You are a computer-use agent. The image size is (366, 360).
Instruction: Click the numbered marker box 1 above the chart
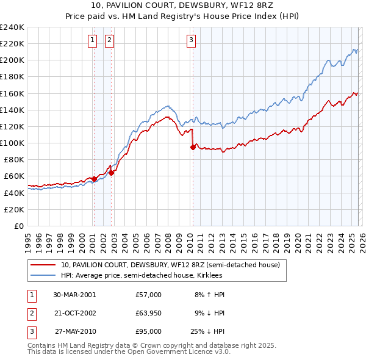pyautogui.click(x=92, y=41)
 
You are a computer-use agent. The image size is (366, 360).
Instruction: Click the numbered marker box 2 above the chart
pyautogui.click(x=109, y=41)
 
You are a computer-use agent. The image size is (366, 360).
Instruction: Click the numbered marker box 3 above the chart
pyautogui.click(x=191, y=41)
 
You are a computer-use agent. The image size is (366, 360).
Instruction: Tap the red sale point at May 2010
pyautogui.click(x=193, y=147)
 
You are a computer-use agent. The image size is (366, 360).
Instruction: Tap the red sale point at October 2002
pyautogui.click(x=111, y=173)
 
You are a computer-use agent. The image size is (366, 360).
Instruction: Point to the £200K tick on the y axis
pyautogui.click(x=12, y=60)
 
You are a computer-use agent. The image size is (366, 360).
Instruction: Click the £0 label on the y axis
pyautogui.click(x=19, y=226)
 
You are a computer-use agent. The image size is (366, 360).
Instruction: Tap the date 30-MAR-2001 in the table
pyautogui.click(x=74, y=295)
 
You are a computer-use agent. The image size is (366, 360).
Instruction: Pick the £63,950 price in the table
pyautogui.click(x=148, y=313)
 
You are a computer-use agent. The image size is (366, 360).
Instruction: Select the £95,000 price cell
pyautogui.click(x=148, y=331)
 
